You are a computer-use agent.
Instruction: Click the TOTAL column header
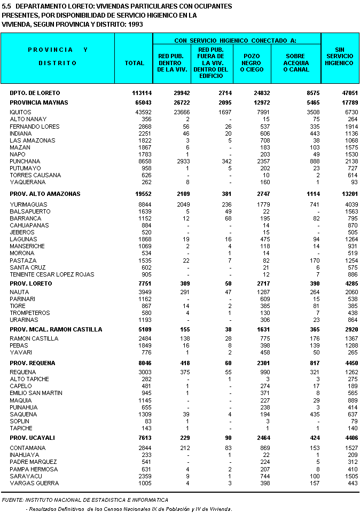(134, 63)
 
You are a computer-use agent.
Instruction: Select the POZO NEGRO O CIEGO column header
(252, 63)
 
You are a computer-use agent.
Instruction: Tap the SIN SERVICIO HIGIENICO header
(339, 56)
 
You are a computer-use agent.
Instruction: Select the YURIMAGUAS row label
(28, 204)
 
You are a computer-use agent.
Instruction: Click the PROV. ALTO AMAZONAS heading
(45, 194)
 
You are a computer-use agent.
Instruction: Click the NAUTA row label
(19, 292)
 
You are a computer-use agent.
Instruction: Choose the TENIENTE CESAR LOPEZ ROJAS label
(52, 274)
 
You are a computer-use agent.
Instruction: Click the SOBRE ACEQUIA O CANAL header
(295, 63)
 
